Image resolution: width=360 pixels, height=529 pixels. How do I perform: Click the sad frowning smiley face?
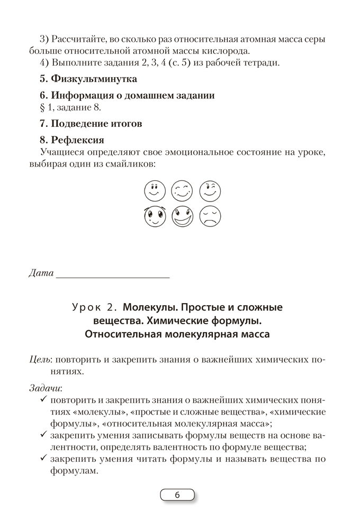click(x=210, y=216)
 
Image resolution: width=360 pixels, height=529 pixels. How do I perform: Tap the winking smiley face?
click(x=210, y=190)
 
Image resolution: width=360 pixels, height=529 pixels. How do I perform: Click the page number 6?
click(x=177, y=495)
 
